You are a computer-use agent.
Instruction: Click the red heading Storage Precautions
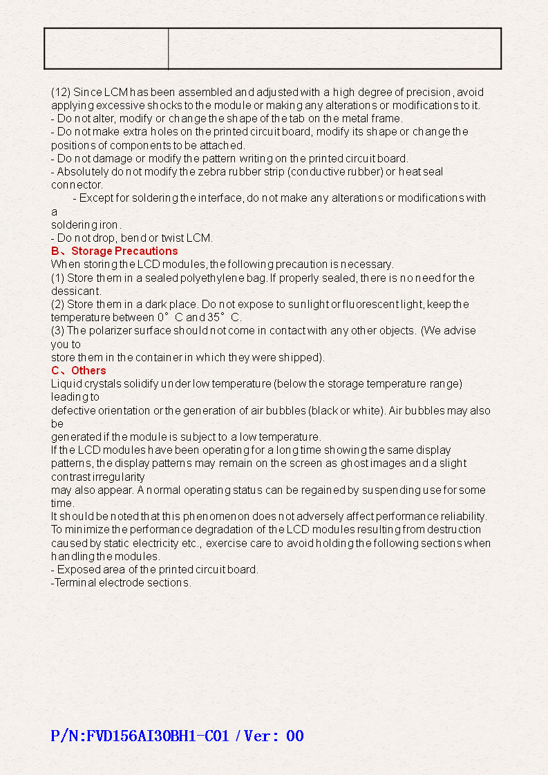pyautogui.click(x=124, y=251)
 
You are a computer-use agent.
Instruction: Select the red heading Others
pyautogui.click(x=88, y=370)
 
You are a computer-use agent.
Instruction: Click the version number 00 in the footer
pyautogui.click(x=294, y=736)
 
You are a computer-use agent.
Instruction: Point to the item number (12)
pyautogui.click(x=61, y=92)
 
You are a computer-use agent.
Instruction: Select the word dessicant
pyautogui.click(x=76, y=291)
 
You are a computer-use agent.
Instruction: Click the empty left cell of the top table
pyautogui.click(x=106, y=48)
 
